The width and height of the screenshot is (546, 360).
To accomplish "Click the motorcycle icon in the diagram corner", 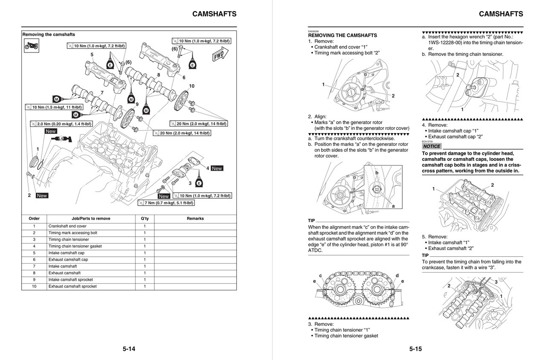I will point(32,46).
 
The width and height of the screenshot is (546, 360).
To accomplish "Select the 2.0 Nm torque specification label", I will point(61,124).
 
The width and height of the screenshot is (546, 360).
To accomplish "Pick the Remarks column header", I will point(195,218).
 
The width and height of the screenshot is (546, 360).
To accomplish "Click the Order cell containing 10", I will point(34,286).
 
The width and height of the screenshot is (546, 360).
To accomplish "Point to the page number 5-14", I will point(129,349).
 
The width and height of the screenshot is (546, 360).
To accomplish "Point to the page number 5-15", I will point(415,349).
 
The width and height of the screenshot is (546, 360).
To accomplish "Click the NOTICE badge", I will point(432,146).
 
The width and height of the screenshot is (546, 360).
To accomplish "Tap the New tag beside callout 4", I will point(217,168).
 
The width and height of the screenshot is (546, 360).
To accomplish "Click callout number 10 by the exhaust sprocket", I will point(192,86).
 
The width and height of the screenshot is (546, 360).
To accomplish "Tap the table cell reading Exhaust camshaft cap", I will point(68,259).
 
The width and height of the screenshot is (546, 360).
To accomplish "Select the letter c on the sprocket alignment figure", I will point(320,276).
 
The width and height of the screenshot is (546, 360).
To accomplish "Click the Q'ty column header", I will point(145,218).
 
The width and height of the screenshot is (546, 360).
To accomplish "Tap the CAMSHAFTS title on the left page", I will point(214,14).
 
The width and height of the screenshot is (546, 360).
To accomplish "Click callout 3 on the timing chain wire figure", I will point(496,282).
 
